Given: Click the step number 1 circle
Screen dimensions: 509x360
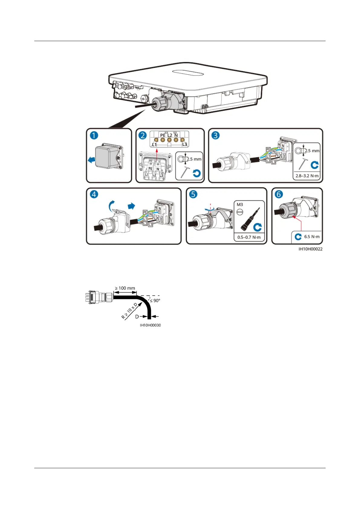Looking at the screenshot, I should click(94, 135).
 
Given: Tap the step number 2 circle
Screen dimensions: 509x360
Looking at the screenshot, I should click(143, 135).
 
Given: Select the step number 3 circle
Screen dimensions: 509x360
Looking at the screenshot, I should click(216, 135).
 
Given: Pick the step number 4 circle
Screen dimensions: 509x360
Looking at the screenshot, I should click(94, 194).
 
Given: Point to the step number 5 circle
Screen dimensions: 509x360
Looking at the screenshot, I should click(193, 194).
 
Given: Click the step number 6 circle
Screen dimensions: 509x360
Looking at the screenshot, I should click(279, 194).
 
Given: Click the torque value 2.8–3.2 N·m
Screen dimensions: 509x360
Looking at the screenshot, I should click(307, 176).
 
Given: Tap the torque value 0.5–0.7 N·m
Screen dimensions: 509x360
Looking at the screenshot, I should click(249, 237).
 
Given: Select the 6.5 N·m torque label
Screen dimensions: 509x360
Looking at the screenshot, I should click(312, 237).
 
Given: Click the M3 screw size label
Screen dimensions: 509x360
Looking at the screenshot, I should click(240, 205).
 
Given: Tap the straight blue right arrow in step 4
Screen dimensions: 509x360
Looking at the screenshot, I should click(131, 206).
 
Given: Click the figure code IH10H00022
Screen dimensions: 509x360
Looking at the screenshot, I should click(310, 249).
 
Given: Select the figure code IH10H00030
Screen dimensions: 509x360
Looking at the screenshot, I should click(150, 325).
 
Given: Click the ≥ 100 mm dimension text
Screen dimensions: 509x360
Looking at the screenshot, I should click(125, 288).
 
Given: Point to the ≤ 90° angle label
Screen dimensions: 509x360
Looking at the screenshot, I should click(155, 300).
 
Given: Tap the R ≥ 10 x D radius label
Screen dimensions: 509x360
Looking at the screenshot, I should click(129, 311).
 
